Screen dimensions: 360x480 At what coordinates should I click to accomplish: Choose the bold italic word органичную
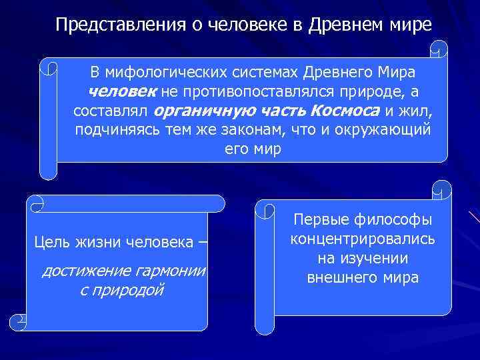coord(197,111)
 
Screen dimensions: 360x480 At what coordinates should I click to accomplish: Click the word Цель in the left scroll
coord(50,241)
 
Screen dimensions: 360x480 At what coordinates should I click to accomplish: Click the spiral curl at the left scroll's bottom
coord(22,321)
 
